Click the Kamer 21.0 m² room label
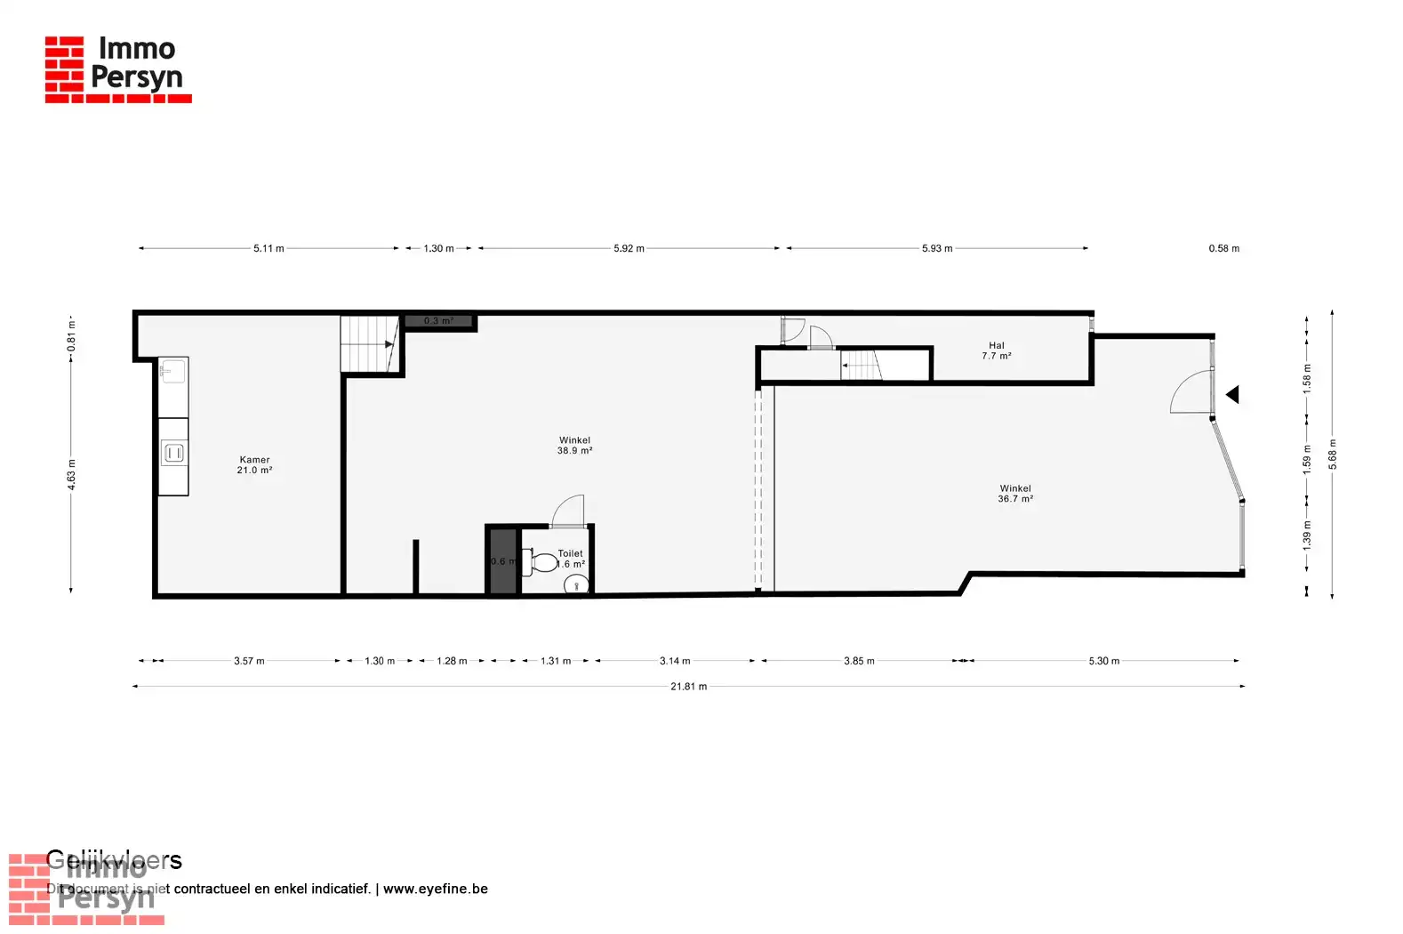pos(254,465)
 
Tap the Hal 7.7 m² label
pos(996,350)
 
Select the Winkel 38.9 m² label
pos(574,446)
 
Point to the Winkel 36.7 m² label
pos(1015,494)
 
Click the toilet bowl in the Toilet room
pos(541,562)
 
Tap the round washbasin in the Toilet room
pos(576,585)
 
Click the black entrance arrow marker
pos(1232,394)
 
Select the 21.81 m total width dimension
pos(689,687)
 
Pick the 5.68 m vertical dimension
pos(1332,454)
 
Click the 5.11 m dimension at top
pos(269,248)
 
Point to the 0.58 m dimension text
pos(1223,248)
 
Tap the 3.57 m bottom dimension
pos(249,661)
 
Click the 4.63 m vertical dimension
pos(71,474)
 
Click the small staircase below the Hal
pos(861,366)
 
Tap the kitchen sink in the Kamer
pos(172,371)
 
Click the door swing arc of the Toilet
pos(570,511)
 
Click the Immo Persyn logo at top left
pos(117,68)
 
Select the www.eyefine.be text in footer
pos(435,889)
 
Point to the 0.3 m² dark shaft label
pos(438,321)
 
